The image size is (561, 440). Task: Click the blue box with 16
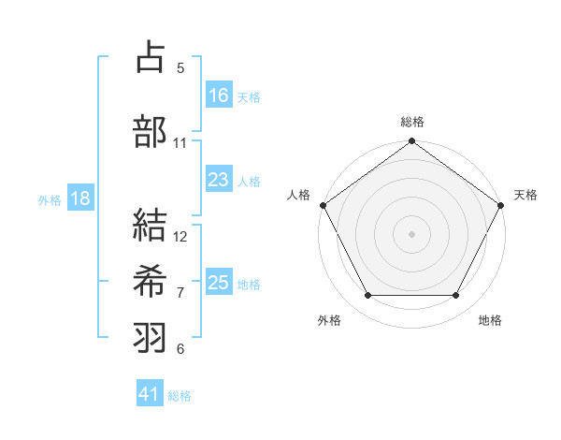click(x=219, y=95)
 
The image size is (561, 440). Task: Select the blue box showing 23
click(x=219, y=181)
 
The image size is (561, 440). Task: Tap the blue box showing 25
click(x=219, y=283)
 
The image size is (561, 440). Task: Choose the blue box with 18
click(x=80, y=198)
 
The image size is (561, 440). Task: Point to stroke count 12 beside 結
click(x=180, y=236)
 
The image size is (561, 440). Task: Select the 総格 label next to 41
click(x=180, y=396)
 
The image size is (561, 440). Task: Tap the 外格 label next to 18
click(x=50, y=199)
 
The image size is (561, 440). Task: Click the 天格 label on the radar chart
click(x=525, y=195)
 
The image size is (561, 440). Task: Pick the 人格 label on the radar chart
click(x=298, y=195)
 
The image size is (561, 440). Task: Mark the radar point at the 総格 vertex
click(x=411, y=142)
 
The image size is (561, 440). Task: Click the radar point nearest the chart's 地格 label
click(x=456, y=296)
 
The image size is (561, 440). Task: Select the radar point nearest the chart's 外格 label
click(x=367, y=296)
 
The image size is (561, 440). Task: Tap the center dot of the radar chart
click(x=411, y=234)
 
